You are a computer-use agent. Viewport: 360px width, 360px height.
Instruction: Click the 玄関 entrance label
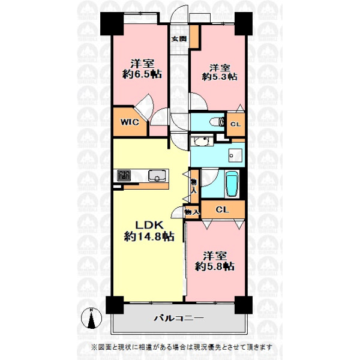tap(179, 38)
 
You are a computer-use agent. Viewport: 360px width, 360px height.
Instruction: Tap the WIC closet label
tap(130, 122)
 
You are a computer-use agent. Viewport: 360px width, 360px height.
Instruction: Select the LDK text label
tap(149, 225)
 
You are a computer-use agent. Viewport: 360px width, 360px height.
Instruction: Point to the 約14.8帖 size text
tap(149, 236)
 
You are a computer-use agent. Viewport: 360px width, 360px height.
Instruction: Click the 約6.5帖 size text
tap(142, 74)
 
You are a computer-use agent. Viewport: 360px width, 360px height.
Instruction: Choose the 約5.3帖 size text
tap(220, 76)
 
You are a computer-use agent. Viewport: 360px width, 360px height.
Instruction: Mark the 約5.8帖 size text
tap(215, 266)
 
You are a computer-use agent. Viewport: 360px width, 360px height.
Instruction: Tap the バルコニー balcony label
tap(179, 318)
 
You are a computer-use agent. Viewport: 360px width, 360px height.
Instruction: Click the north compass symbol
tap(91, 318)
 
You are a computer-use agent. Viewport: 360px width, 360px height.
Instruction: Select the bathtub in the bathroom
tap(232, 184)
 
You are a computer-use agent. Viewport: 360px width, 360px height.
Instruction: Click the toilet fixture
tap(215, 122)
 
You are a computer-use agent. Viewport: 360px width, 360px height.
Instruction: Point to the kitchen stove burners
tap(124, 176)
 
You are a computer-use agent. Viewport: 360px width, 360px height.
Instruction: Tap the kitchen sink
tap(157, 176)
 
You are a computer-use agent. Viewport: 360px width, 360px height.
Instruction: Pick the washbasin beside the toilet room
tap(202, 141)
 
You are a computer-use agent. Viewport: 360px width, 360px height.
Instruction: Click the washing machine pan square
tap(235, 155)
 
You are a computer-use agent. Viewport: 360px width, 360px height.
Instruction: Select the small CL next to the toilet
tap(236, 124)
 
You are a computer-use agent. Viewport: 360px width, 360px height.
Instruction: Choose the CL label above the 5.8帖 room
tap(222, 209)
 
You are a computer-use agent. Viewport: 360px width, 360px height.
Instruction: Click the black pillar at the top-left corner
tap(112, 24)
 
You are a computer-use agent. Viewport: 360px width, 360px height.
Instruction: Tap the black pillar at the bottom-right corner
tap(244, 305)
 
